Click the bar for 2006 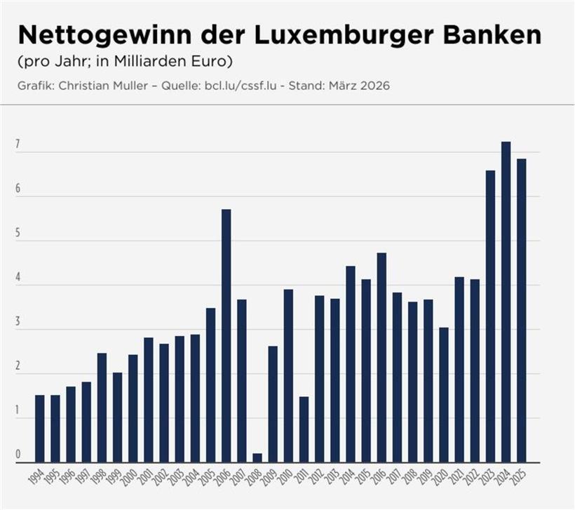pos(226,336)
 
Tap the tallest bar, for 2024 pos(506,302)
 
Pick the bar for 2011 pos(304,429)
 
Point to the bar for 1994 pos(39,429)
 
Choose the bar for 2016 pos(381,357)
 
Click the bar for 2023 pos(490,316)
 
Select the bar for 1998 pos(102,408)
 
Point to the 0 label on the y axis pos(18,457)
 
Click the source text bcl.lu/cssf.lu pos(238,86)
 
